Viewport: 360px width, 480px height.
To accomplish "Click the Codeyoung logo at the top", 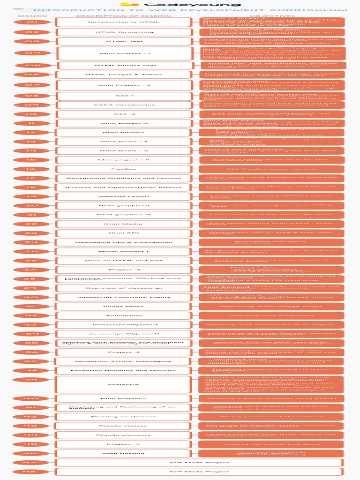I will (x=180, y=4).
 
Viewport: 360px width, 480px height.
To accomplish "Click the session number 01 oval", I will (x=32, y=22).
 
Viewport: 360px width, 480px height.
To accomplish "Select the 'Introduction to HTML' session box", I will (x=124, y=22).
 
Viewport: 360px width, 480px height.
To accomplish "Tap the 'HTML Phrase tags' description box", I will (x=126, y=66).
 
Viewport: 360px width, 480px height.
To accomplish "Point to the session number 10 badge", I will (x=32, y=114).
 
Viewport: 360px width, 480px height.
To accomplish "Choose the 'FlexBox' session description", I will (x=124, y=169).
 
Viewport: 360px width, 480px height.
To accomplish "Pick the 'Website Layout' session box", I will (x=124, y=196).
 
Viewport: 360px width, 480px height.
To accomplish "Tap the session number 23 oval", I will (x=32, y=233).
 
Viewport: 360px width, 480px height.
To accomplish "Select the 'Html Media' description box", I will (x=124, y=224).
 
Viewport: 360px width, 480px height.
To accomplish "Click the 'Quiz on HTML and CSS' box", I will (x=124, y=260).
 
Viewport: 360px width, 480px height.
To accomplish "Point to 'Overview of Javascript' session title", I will (x=124, y=288).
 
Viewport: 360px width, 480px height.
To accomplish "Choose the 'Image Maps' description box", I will (x=124, y=306).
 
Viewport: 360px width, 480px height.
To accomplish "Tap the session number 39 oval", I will (x=32, y=380).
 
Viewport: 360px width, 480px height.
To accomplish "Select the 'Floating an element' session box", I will (x=124, y=417).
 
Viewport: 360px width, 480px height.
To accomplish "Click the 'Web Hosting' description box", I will (x=124, y=453).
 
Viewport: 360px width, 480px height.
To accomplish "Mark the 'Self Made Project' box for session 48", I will (x=199, y=472).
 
